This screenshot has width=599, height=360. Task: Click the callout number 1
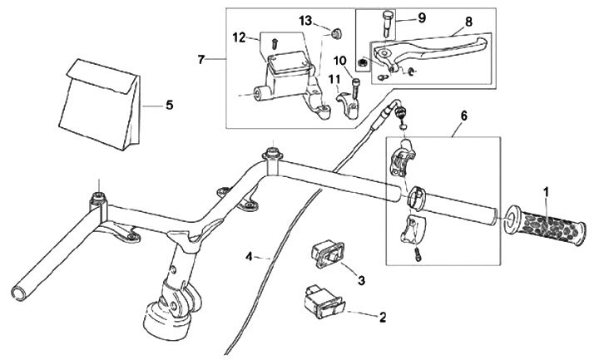click(547, 192)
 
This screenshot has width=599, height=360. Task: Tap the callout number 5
click(169, 105)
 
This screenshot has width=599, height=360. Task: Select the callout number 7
click(201, 60)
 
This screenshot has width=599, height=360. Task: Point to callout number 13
click(305, 21)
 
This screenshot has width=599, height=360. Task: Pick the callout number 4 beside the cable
click(249, 257)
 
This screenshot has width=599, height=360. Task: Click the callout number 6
click(463, 116)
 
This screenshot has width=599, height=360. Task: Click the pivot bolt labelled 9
click(388, 24)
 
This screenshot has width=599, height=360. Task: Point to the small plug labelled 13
click(335, 32)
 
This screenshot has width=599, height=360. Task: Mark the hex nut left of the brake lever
click(364, 62)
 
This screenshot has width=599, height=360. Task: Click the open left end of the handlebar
click(18, 293)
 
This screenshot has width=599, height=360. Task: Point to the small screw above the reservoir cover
click(274, 43)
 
